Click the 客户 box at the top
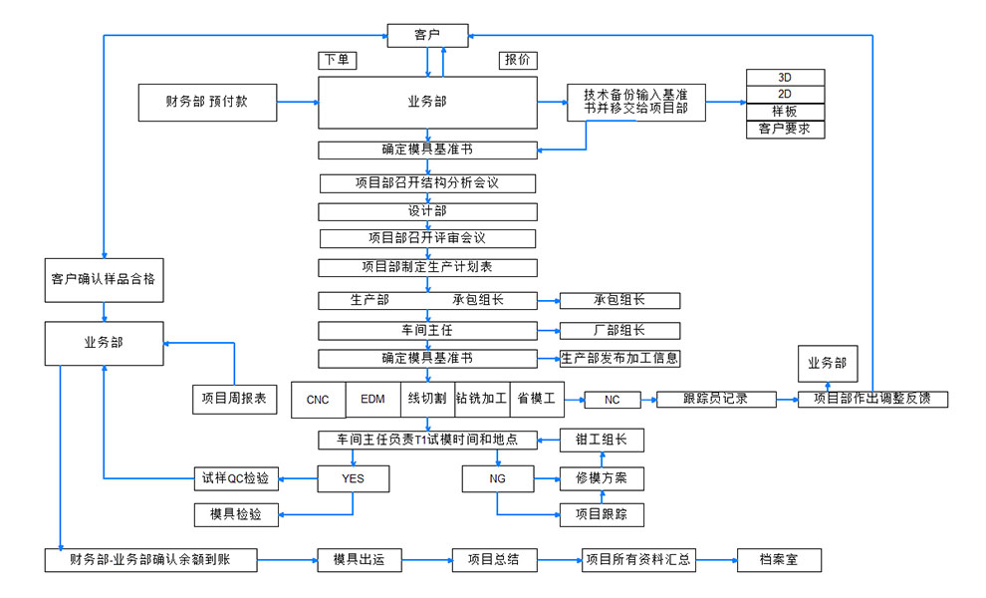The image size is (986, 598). (x=426, y=36)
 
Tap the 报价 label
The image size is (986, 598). (x=517, y=60)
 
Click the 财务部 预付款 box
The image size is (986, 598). (x=208, y=102)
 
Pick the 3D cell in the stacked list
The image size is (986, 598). (x=785, y=78)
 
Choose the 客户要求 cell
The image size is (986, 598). (x=785, y=129)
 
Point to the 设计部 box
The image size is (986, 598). (x=427, y=211)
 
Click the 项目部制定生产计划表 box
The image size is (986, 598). (x=427, y=267)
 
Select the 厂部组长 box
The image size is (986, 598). (x=619, y=330)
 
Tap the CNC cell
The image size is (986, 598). (x=318, y=400)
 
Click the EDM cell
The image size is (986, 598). (x=371, y=400)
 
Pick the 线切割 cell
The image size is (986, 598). (x=426, y=399)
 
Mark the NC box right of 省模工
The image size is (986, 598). (x=613, y=400)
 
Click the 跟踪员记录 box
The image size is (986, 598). (x=716, y=399)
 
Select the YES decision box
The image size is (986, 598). (x=353, y=479)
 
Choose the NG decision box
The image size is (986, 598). (x=498, y=479)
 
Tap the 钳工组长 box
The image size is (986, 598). (x=602, y=440)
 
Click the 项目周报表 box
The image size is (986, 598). (x=233, y=399)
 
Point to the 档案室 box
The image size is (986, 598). (x=780, y=560)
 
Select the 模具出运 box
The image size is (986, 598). (x=360, y=560)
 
